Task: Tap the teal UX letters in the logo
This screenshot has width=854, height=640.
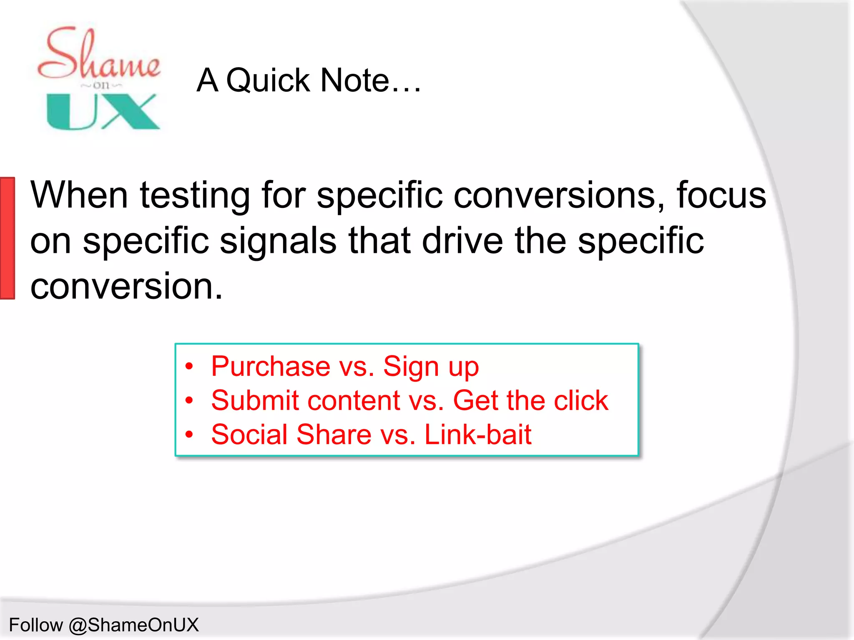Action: (103, 111)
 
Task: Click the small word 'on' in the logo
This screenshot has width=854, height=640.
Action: (101, 85)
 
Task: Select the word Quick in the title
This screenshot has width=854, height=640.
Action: (268, 80)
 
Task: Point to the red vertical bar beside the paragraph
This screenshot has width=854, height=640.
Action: (8, 238)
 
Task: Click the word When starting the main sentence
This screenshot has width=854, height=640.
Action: (79, 195)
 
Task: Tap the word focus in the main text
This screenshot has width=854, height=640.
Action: (721, 195)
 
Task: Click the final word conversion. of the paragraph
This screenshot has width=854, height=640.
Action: (126, 286)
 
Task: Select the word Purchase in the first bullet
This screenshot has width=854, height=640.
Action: (271, 366)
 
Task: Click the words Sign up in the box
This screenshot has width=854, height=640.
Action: (431, 367)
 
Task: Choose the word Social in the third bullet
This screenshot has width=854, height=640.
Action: (249, 435)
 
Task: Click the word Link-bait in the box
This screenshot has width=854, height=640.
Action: (477, 435)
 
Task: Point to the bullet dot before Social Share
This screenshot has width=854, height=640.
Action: (189, 435)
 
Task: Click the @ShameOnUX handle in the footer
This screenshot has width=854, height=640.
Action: (133, 625)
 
